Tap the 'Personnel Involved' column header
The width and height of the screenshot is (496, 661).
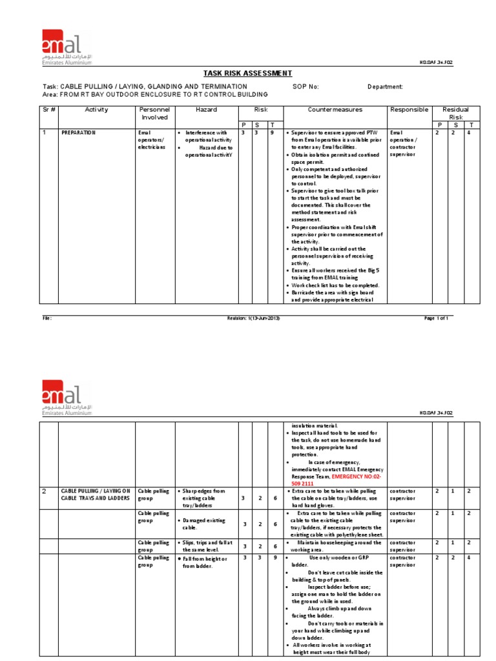(x=154, y=114)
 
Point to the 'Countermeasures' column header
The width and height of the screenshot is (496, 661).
(x=335, y=110)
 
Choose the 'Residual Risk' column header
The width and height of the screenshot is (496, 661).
(x=455, y=114)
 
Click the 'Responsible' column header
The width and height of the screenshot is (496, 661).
(x=409, y=110)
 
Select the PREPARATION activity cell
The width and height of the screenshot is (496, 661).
(x=78, y=132)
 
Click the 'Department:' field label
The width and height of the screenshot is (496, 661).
(x=386, y=86)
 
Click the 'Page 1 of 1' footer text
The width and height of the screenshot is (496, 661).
(x=436, y=318)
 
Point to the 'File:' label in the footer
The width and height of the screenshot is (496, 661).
(x=47, y=318)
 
